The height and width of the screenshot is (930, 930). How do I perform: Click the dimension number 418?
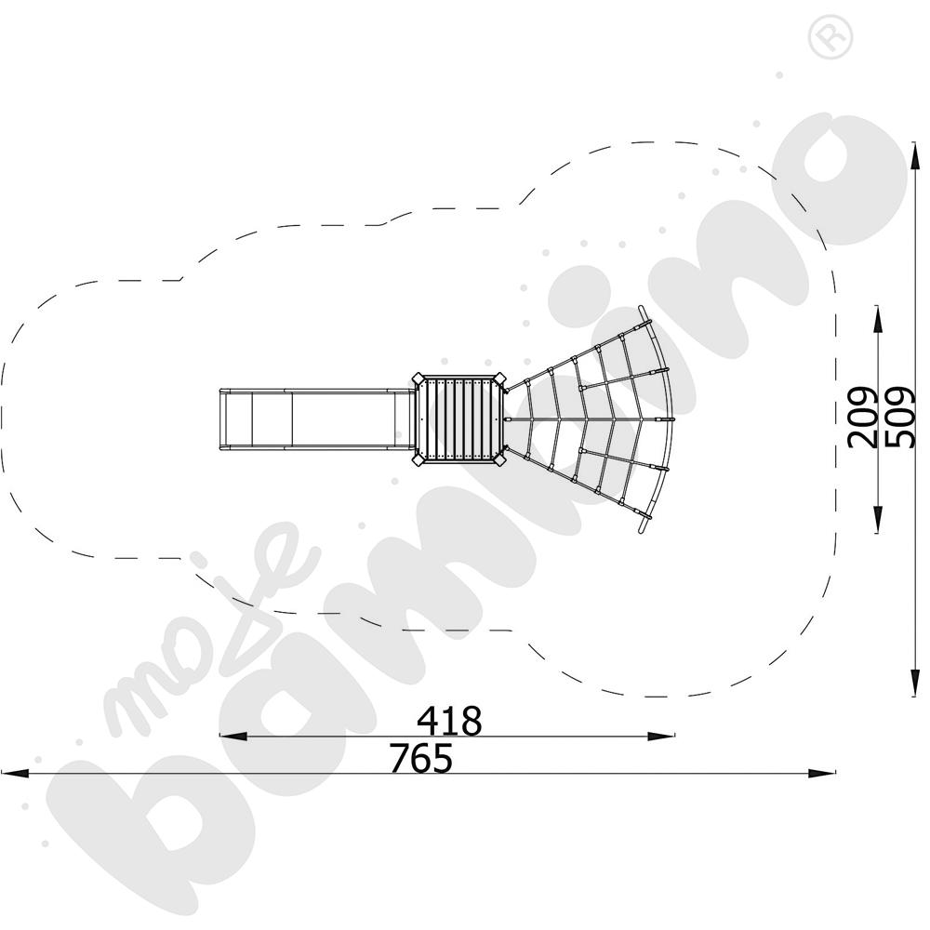click(449, 721)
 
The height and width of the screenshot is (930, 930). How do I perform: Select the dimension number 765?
click(421, 758)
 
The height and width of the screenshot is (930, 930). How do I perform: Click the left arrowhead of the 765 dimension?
click(14, 773)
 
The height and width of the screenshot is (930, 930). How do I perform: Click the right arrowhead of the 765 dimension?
click(822, 773)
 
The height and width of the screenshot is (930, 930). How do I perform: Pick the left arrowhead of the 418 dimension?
click(232, 736)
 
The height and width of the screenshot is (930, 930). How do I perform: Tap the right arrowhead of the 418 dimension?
click(660, 736)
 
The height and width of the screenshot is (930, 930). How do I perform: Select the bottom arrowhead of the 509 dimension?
click(915, 682)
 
